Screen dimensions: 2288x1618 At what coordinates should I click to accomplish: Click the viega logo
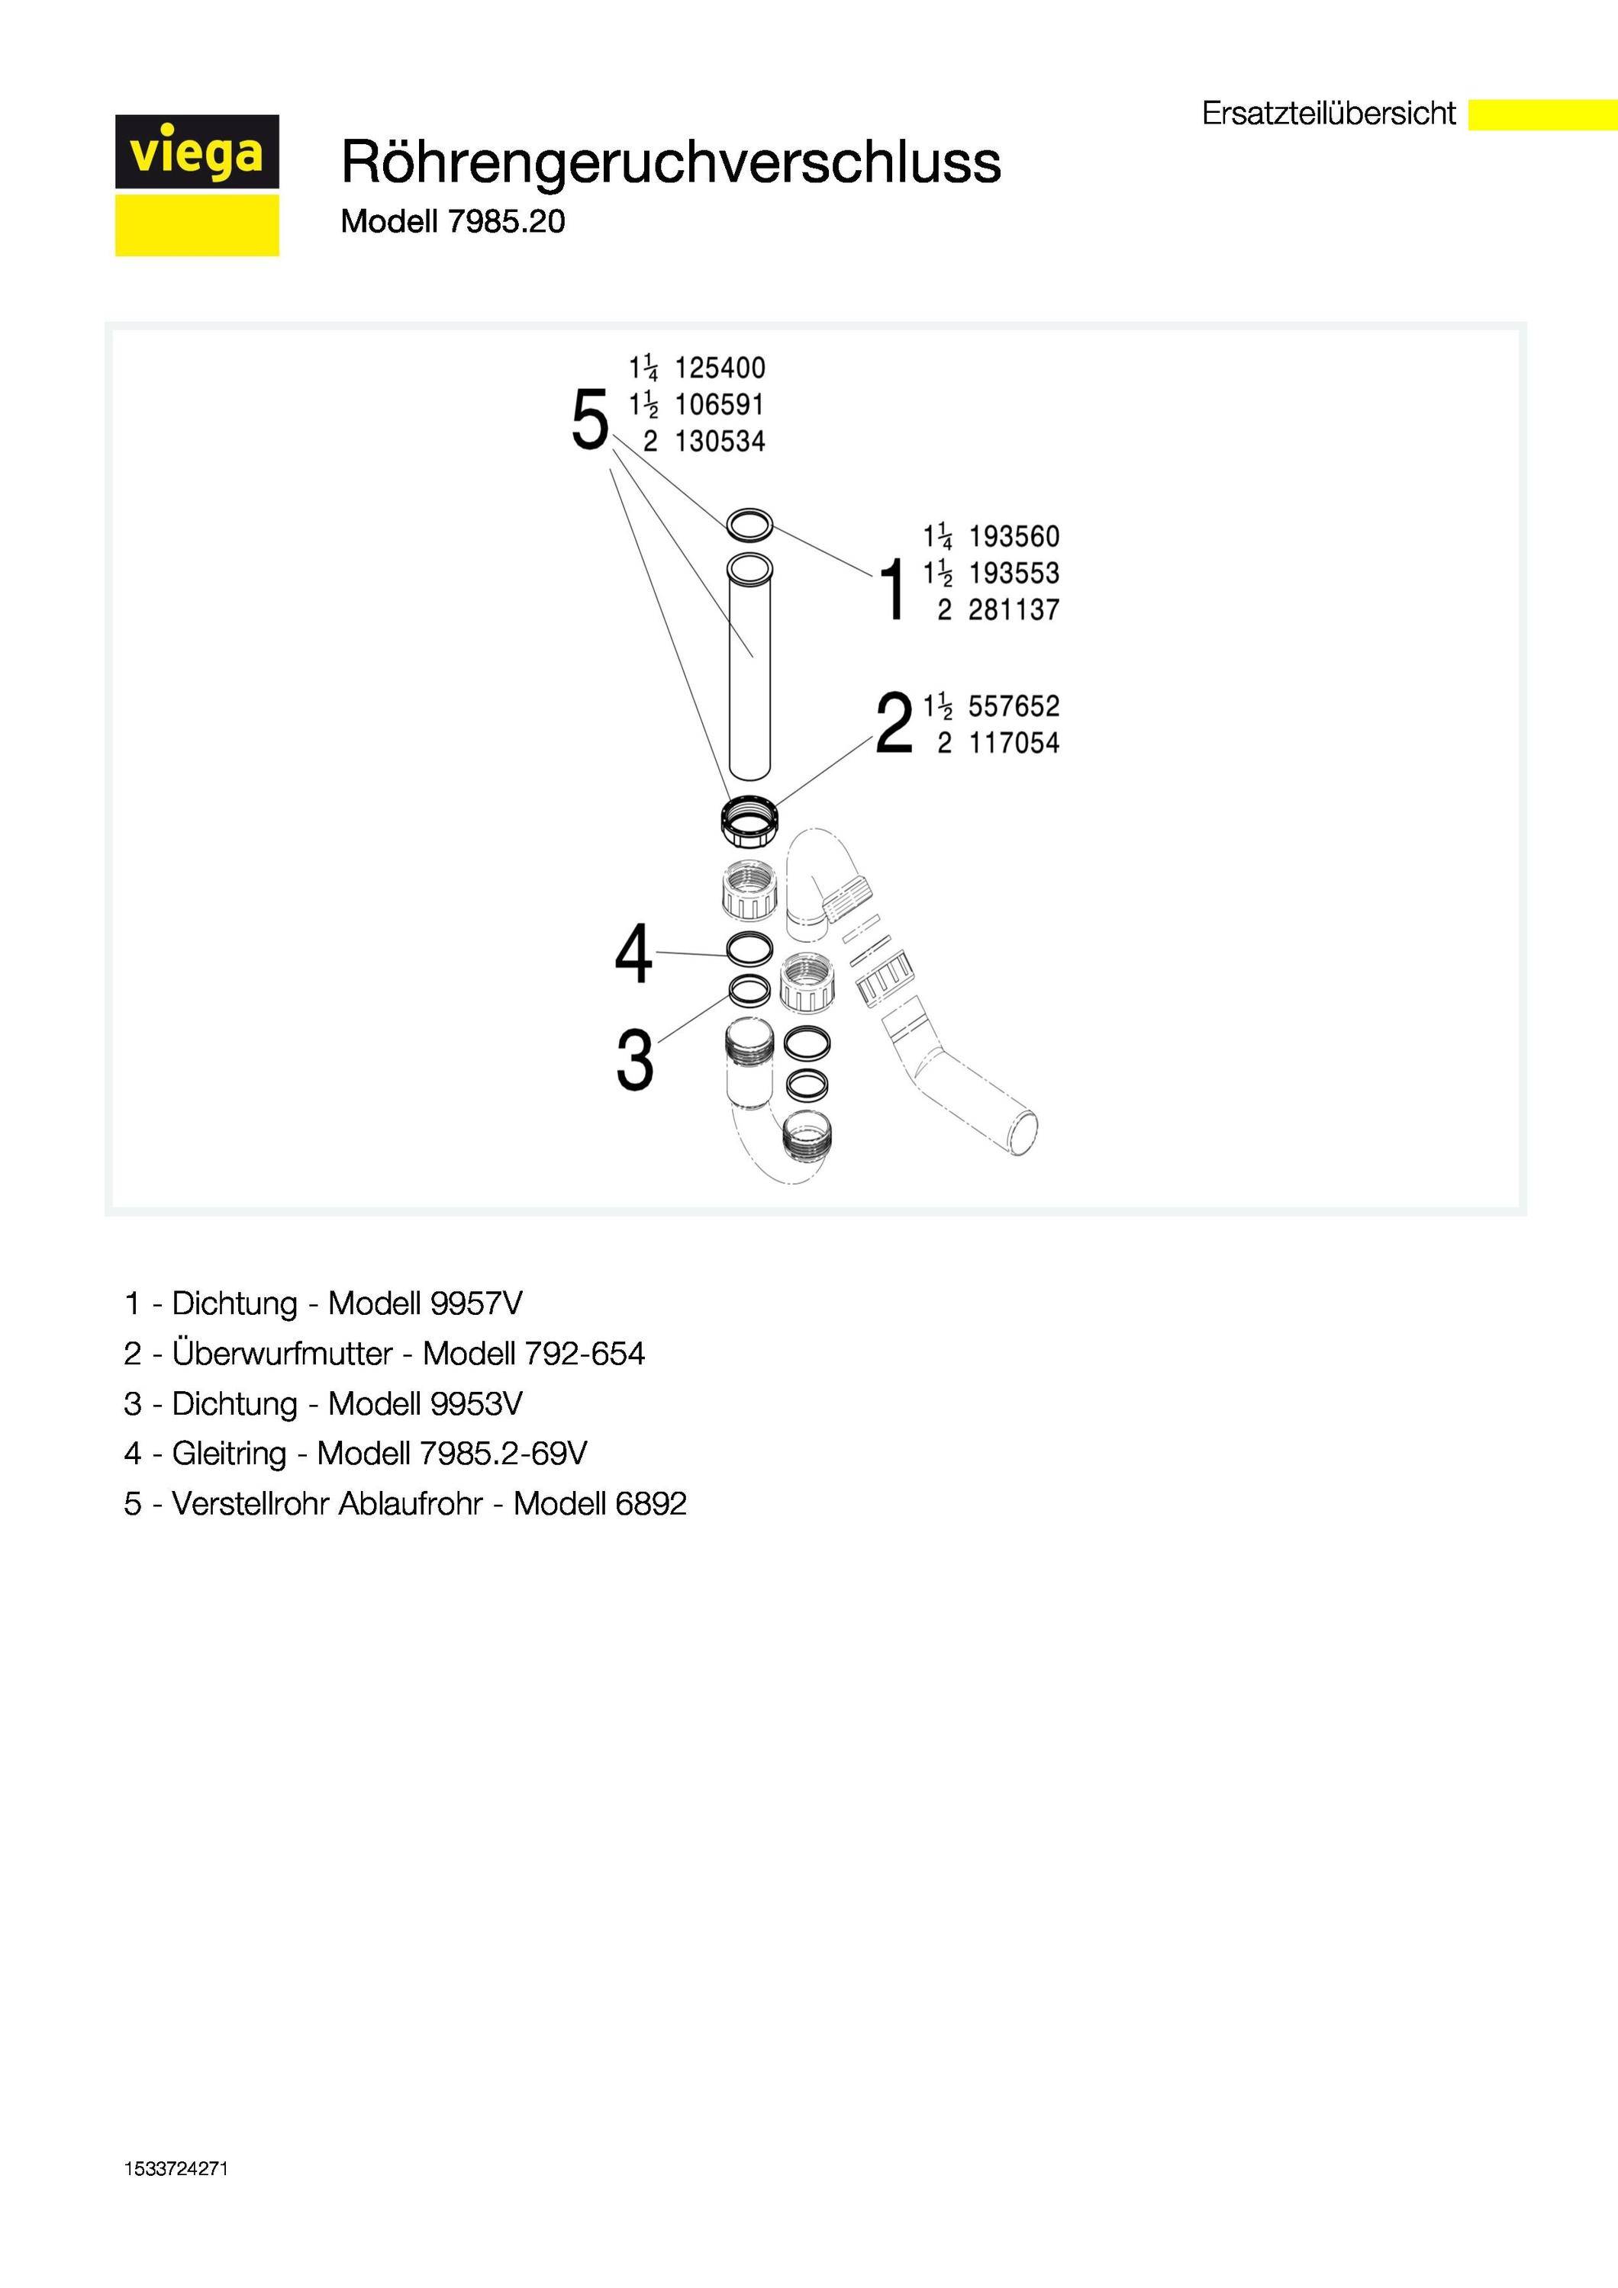(x=196, y=185)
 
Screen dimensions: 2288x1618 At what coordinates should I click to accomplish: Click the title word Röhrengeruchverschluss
(x=670, y=162)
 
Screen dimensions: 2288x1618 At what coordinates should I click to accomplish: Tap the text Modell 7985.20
(x=453, y=221)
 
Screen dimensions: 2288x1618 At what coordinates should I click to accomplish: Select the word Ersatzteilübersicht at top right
(x=1328, y=114)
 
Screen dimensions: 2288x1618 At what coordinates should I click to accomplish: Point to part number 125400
(x=720, y=368)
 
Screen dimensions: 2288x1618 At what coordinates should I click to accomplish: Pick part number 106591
(x=720, y=406)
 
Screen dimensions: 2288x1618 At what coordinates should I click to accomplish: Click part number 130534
(x=720, y=442)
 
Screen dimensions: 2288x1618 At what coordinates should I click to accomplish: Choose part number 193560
(x=1014, y=537)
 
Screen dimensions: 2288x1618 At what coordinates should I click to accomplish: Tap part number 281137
(x=1014, y=610)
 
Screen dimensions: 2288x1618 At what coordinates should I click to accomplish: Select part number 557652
(x=1014, y=706)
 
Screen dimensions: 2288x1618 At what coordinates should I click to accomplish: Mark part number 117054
(x=1014, y=744)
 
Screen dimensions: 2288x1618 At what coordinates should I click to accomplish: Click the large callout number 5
(x=589, y=420)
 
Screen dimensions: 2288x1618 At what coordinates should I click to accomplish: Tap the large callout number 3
(x=635, y=1059)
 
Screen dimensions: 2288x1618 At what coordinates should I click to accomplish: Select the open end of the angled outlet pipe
(x=1023, y=1133)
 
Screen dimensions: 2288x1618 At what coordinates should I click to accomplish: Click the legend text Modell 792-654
(x=533, y=1353)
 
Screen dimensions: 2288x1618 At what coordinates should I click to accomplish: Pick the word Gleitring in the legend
(x=228, y=1453)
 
